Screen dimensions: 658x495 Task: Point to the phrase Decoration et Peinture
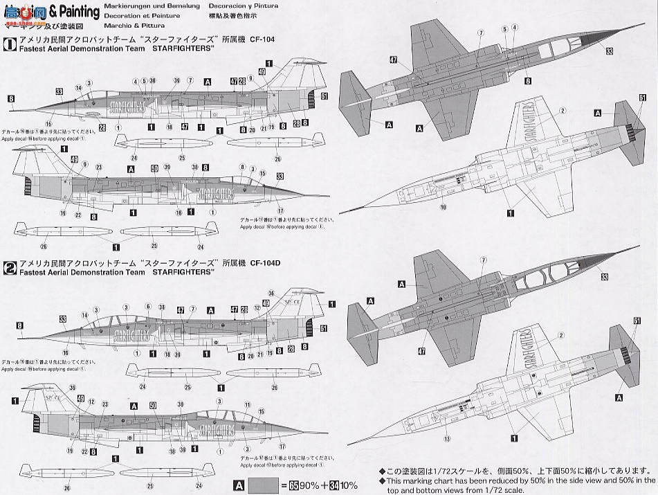pyautogui.click(x=141, y=15)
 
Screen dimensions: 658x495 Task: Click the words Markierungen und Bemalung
pyautogui.click(x=145, y=6)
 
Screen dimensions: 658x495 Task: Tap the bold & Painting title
pyautogui.click(x=75, y=11)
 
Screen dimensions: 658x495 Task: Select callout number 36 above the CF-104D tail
pyautogui.click(x=271, y=293)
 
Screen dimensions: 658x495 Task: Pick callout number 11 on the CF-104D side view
pyautogui.click(x=247, y=405)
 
